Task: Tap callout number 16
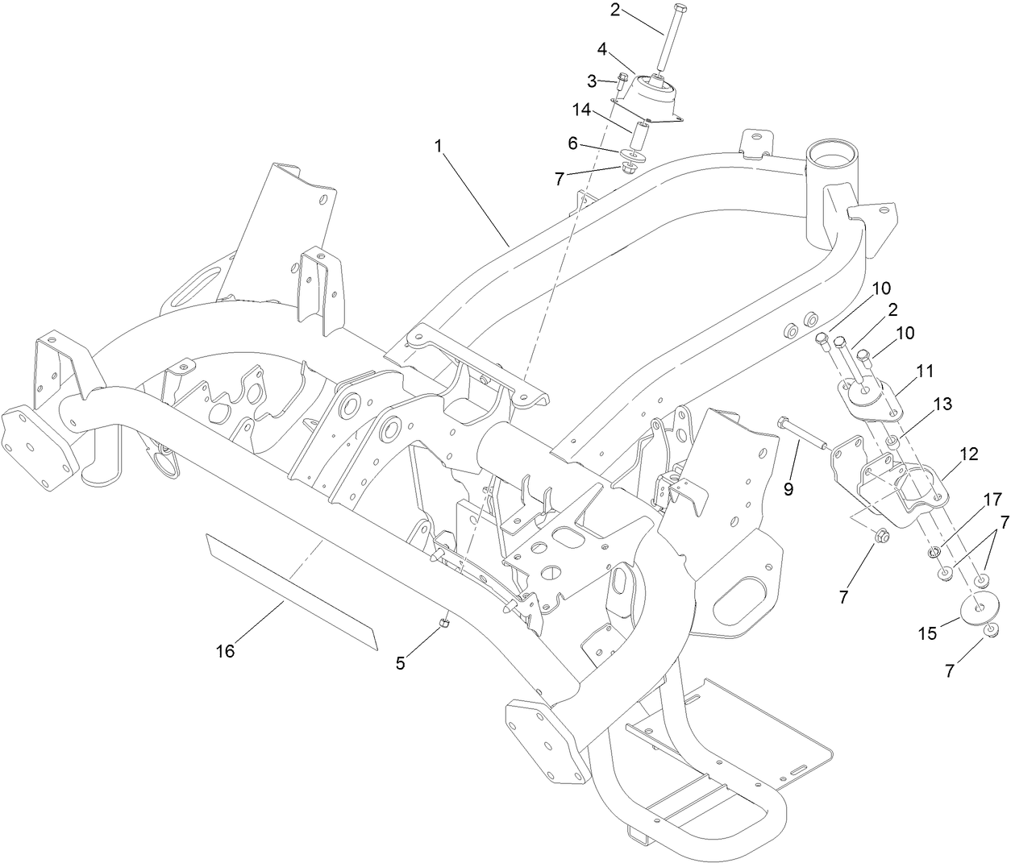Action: coord(225,651)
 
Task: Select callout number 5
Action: coord(401,662)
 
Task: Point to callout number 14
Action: coord(582,108)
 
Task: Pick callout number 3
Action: coord(592,81)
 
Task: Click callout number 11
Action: coord(925,371)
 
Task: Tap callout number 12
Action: coord(968,454)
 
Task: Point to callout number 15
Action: coord(928,634)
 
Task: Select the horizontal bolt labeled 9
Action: coord(802,432)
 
